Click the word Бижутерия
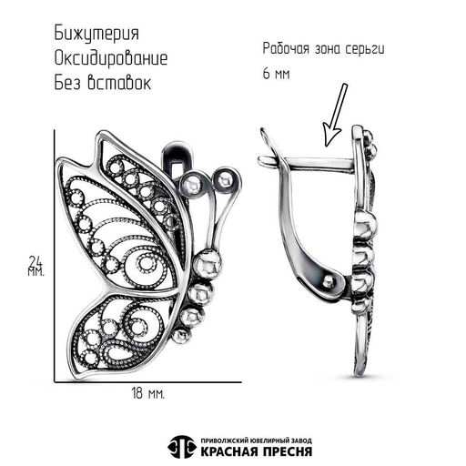coord(96,34)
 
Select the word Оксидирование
coord(111,58)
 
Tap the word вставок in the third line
coord(119,83)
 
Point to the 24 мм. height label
coord(36,266)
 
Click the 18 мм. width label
coord(148,393)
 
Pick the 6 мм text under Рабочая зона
coord(276,74)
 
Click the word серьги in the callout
coord(365,49)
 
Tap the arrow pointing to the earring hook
coord(335,115)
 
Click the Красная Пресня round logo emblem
coord(181,447)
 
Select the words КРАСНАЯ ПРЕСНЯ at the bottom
coord(257,451)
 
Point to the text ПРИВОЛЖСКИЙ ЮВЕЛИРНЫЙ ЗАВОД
coord(257,441)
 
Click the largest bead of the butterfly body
coord(208,264)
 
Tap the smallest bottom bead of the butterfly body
coord(182,336)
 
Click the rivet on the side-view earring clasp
coord(328,283)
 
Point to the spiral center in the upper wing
coord(147,264)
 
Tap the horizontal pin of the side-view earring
coord(307,164)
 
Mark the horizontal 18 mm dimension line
coord(148,382)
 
